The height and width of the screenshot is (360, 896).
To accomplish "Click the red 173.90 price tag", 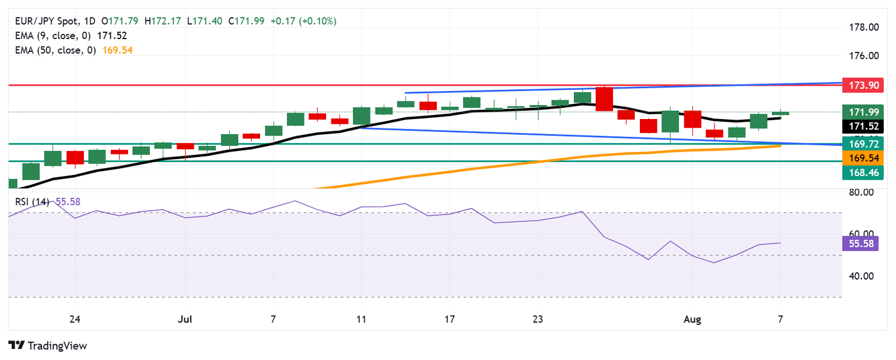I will click(x=863, y=86).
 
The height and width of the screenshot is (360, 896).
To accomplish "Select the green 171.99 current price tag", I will click(x=863, y=111).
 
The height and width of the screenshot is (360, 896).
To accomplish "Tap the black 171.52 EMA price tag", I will click(x=863, y=125).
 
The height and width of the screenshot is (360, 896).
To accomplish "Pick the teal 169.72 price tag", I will click(x=863, y=144).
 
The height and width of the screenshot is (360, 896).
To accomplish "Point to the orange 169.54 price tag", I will click(x=863, y=158).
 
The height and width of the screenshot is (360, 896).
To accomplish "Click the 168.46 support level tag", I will click(x=863, y=172).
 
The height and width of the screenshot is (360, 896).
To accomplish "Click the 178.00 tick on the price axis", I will click(x=862, y=27).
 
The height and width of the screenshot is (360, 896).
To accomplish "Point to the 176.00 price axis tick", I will click(x=862, y=56).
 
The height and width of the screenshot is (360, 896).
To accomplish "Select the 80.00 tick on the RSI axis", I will click(x=860, y=192).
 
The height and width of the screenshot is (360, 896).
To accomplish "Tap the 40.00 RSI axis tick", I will click(x=860, y=276).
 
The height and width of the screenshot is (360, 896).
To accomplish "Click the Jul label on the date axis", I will click(x=185, y=319).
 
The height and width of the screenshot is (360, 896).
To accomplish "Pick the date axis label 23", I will click(x=538, y=319).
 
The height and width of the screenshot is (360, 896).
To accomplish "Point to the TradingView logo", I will click(x=48, y=345).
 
